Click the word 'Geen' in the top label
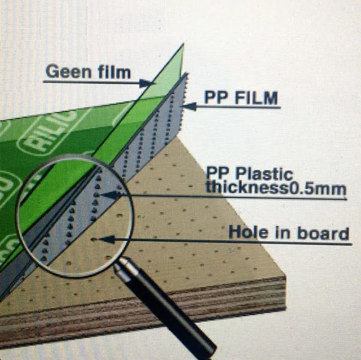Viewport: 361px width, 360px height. pyautogui.click(x=69, y=72)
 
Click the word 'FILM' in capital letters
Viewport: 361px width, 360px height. pyautogui.click(x=256, y=98)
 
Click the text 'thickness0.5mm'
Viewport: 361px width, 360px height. pyautogui.click(x=276, y=188)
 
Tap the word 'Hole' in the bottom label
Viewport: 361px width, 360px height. pyautogui.click(x=248, y=232)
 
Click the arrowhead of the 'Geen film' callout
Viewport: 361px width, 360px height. pyautogui.click(x=146, y=83)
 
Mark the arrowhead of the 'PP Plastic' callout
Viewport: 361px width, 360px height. pyautogui.click(x=111, y=195)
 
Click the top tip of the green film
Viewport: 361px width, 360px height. pyautogui.click(x=184, y=43)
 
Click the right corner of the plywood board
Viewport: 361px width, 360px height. pyautogui.click(x=286, y=276)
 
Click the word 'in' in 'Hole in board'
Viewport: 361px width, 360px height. pyautogui.click(x=283, y=232)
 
